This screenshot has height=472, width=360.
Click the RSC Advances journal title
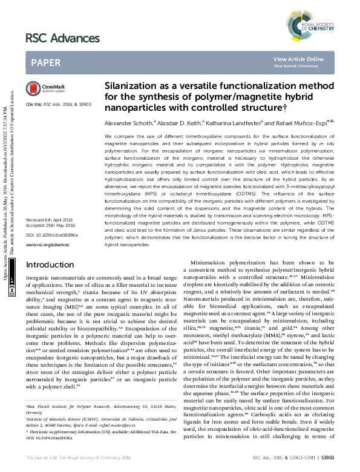pos(62,39)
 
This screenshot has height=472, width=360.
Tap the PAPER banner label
pos(45,62)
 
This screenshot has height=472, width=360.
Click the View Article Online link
pos(307,59)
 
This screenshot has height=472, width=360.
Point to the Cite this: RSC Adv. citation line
pos(58,104)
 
